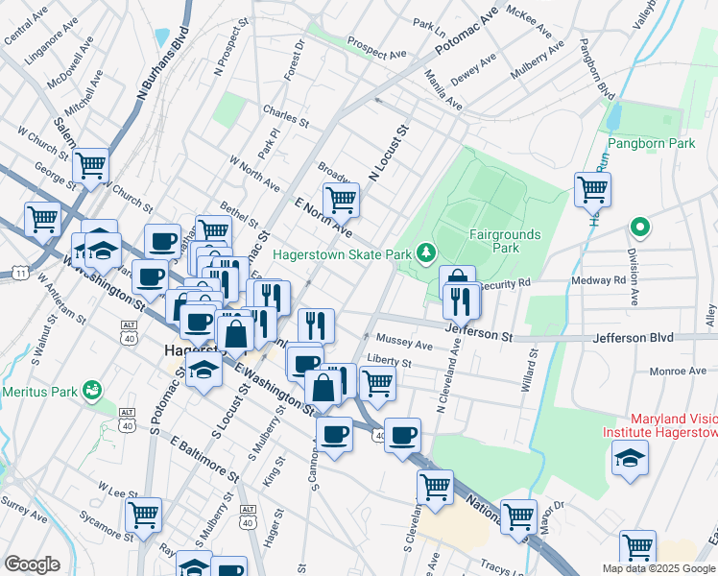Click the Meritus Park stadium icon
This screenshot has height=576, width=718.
[x=92, y=390]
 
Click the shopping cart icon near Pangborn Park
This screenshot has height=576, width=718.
[x=593, y=189]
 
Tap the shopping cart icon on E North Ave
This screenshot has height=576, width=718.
[x=341, y=200]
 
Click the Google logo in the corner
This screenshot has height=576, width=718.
[x=32, y=564]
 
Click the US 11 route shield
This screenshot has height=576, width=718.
[x=20, y=275]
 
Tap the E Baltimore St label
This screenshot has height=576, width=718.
[x=203, y=459]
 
